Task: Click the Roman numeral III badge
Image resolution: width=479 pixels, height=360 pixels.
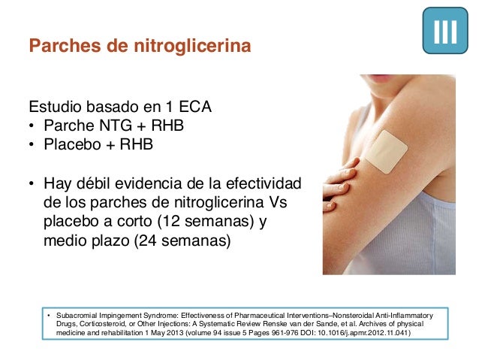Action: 447,31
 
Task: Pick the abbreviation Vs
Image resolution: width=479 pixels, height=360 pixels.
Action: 278,204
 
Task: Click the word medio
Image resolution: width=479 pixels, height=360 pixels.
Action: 65,241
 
